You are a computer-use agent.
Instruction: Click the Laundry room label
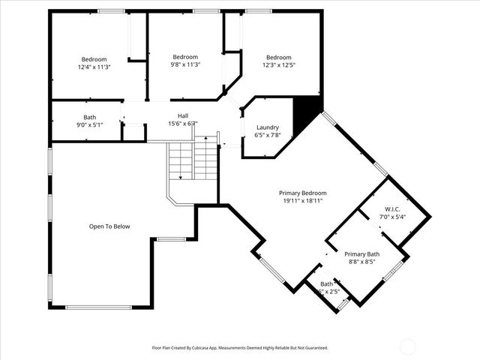coord(268,127)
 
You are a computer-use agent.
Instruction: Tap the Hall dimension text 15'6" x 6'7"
coord(182,124)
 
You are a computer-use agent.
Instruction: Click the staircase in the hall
coord(192,159)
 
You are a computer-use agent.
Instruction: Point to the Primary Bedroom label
coord(302,193)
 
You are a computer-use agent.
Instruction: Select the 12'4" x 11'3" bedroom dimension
coord(94,67)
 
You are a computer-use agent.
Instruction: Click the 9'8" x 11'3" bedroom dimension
coord(185,65)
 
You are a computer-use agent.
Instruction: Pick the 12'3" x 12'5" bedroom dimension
coord(278,66)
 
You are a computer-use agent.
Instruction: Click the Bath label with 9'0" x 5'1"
coord(89,117)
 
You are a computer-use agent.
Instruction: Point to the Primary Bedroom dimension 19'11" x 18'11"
coord(302,201)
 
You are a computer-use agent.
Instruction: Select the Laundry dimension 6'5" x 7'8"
coord(268,136)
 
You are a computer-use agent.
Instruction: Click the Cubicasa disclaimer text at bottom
coord(240,348)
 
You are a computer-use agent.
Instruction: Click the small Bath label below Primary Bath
coord(327,284)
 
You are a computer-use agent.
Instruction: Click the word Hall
coord(182,115)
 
